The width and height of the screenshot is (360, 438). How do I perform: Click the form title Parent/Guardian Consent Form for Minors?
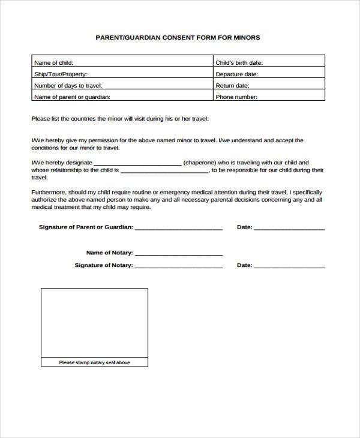pyautogui.click(x=178, y=37)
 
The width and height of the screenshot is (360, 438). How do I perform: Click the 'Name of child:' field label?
pyautogui.click(x=54, y=62)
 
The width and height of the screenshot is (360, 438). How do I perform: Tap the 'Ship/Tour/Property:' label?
pyautogui.click(x=61, y=74)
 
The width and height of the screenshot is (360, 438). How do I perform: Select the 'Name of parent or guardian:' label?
pyautogui.click(x=72, y=97)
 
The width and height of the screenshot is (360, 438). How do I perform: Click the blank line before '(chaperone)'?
pyautogui.click(x=137, y=164)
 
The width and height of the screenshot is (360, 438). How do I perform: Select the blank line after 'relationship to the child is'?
pyautogui.click(x=164, y=171)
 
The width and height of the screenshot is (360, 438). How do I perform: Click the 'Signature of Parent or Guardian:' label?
pyautogui.click(x=86, y=227)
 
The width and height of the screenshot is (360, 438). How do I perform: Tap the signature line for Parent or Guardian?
pyautogui.click(x=179, y=229)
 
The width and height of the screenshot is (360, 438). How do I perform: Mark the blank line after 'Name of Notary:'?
pyautogui.click(x=179, y=254)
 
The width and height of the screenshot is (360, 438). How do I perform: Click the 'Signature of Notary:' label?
pyautogui.click(x=104, y=265)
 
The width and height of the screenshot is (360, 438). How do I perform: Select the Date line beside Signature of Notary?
pyautogui.click(x=290, y=266)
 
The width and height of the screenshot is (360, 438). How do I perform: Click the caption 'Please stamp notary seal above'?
pyautogui.click(x=94, y=362)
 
